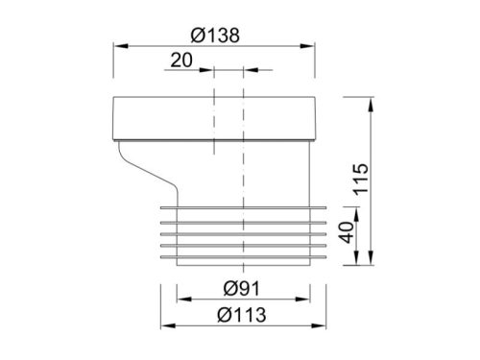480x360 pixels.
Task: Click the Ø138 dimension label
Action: pos(214,34)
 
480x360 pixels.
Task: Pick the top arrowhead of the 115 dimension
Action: pos(370,101)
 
